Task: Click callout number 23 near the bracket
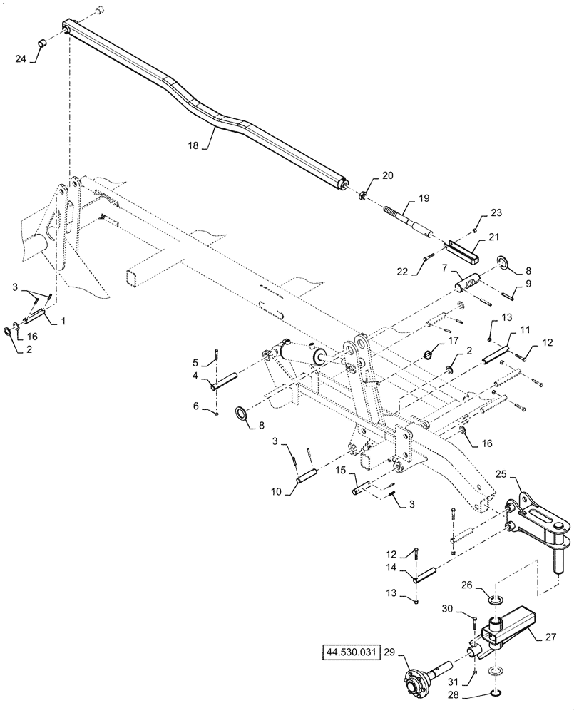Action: pyautogui.click(x=496, y=212)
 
